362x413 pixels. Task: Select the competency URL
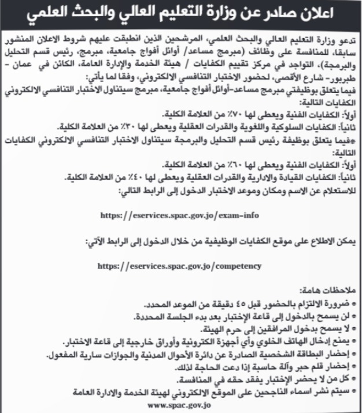(180, 266)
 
